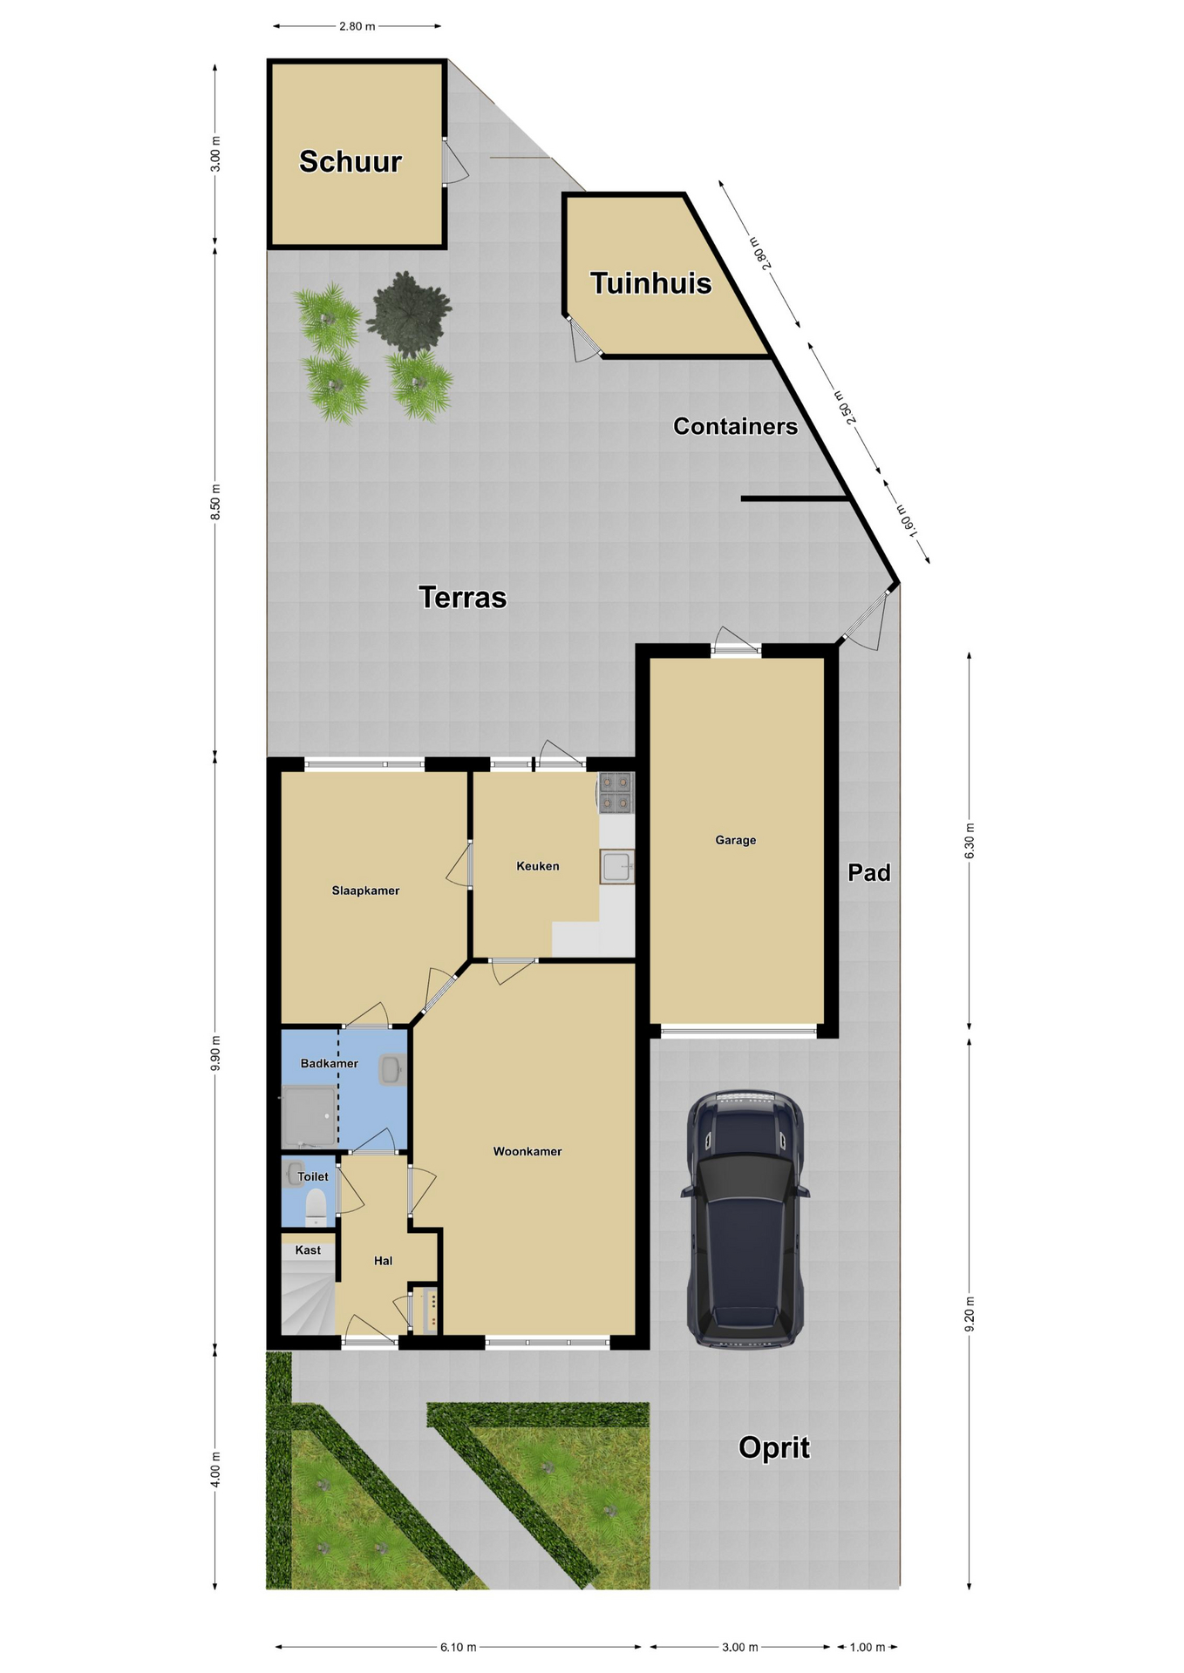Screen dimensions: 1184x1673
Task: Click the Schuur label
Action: click(x=350, y=161)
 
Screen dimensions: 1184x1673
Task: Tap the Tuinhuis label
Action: click(x=650, y=283)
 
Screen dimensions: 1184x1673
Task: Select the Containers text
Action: click(x=735, y=426)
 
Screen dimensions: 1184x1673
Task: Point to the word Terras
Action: click(x=462, y=598)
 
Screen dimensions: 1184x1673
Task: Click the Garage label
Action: click(x=735, y=840)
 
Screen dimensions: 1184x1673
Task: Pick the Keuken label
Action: click(x=537, y=866)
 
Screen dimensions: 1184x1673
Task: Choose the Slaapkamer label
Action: click(x=365, y=891)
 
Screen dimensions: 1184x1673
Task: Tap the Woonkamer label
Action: click(x=527, y=1151)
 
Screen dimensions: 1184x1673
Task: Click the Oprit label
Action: click(x=774, y=1447)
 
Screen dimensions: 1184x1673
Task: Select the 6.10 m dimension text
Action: click(x=459, y=1647)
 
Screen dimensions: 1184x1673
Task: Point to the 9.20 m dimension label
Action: click(x=970, y=1314)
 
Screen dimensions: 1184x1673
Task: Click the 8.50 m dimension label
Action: click(x=215, y=503)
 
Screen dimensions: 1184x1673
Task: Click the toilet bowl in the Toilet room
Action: click(x=315, y=1208)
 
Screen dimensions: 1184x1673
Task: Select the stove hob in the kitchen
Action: click(x=616, y=793)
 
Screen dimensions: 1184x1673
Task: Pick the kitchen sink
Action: click(x=616, y=867)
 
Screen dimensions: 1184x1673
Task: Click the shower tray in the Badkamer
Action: click(x=309, y=1116)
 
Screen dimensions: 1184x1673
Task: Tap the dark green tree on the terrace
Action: click(x=409, y=314)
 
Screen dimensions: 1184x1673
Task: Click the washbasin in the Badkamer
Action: click(x=391, y=1069)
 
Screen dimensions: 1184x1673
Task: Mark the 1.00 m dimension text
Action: click(x=867, y=1647)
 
